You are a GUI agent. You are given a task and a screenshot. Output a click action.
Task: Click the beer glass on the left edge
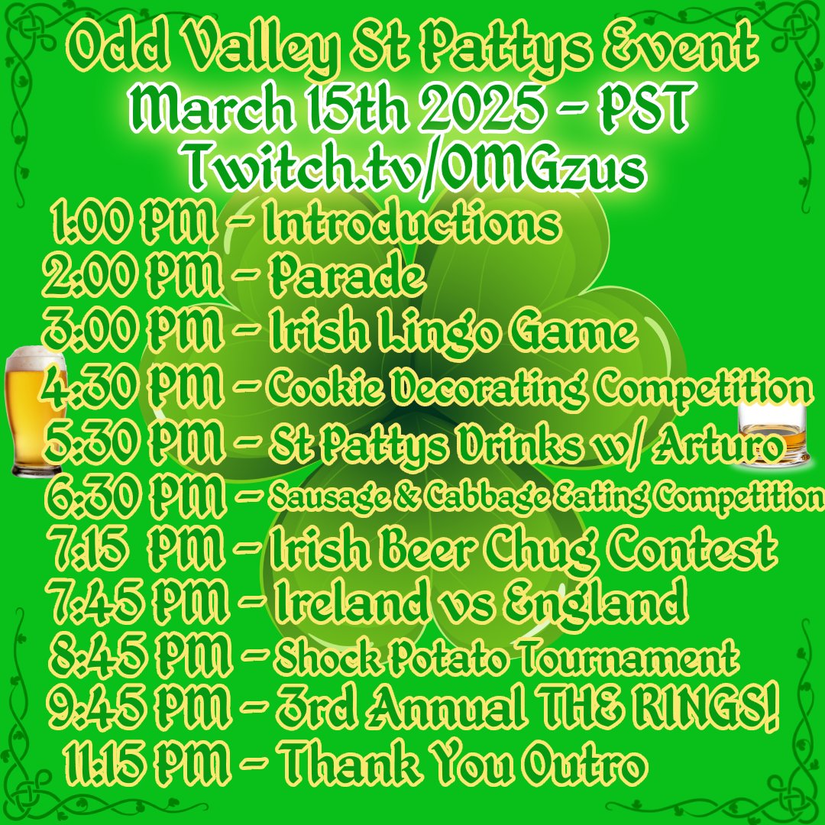click(34, 412)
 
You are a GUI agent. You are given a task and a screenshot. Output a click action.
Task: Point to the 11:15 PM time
click(145, 765)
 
